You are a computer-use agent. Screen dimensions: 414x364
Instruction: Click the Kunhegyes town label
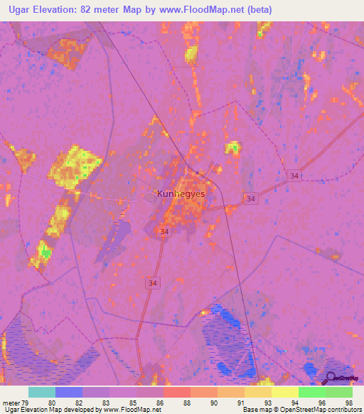pyautogui.click(x=181, y=193)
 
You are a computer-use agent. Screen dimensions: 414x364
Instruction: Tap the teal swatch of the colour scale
pyautogui.click(x=42, y=392)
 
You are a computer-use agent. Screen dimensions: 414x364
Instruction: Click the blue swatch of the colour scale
pyautogui.click(x=69, y=392)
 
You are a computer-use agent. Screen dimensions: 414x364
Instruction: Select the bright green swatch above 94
pyautogui.click(x=312, y=392)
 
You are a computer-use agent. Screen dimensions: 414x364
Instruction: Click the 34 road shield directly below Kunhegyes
pyautogui.click(x=164, y=232)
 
